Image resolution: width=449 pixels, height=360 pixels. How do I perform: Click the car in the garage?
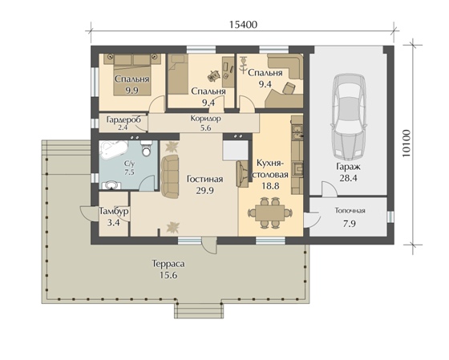point(349,117)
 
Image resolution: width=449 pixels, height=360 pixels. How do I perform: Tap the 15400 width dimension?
point(244,25)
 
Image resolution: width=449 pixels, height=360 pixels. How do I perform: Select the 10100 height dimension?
point(406,144)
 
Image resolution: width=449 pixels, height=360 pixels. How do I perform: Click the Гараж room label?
point(348,167)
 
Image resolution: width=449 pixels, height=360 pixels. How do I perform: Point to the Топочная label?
point(350,211)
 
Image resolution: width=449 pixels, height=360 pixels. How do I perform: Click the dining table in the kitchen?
point(269,212)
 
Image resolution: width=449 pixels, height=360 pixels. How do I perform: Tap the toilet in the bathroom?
point(146,148)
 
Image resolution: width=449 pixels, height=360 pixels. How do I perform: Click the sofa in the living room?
point(170,176)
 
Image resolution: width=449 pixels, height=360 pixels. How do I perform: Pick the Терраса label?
point(168,264)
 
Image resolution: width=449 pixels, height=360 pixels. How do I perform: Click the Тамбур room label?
point(114,212)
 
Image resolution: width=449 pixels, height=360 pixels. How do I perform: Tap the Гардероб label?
point(123,119)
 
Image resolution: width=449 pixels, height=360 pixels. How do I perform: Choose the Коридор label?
point(206,119)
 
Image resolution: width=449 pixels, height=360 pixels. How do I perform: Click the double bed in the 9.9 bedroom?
point(132,75)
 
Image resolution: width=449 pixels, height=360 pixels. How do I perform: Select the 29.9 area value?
point(204,191)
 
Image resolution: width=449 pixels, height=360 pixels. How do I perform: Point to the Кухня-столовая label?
point(271,168)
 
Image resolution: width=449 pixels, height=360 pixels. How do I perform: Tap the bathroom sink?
point(111,185)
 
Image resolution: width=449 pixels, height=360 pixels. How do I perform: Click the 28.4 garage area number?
point(348,178)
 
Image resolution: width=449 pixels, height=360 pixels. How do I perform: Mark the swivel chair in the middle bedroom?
point(213,75)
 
